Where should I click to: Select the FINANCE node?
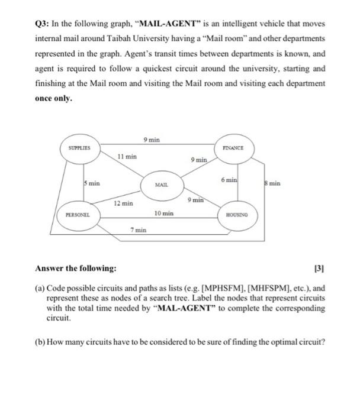(236, 147)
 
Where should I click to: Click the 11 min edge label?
(127, 157)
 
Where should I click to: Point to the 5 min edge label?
(92, 183)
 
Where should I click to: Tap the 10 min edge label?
(163, 212)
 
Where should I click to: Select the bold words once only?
(54, 98)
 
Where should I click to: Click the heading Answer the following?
(75, 269)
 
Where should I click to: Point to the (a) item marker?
(40, 288)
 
